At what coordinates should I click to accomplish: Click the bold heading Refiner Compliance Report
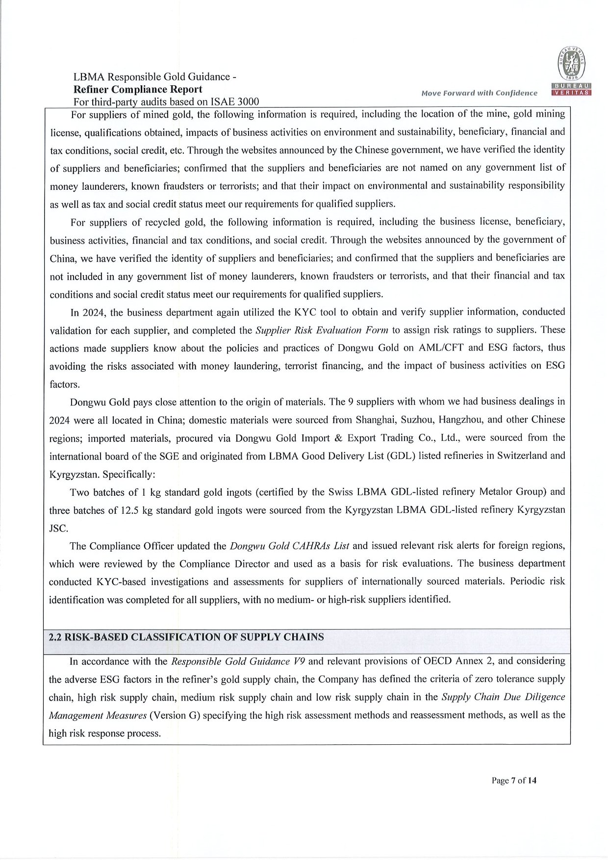coord(137,89)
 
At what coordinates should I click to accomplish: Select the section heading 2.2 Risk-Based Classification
coord(186,637)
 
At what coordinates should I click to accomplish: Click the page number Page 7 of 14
coord(514,780)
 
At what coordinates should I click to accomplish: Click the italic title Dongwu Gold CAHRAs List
coord(289,546)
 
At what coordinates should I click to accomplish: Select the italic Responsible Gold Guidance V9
coord(238,661)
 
